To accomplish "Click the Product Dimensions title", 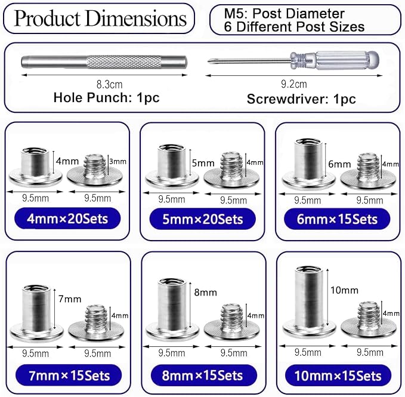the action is pos(100,18).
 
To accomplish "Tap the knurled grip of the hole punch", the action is pos(123,62).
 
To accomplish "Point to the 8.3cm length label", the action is pos(109,85).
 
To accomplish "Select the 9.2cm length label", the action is pos(294,84).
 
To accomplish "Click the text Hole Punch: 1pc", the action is pos(106,98).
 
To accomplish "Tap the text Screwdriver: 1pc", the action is pos(301,99).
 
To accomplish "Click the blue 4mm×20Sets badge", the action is pos(67,218).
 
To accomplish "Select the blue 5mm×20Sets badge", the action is pos(203,219).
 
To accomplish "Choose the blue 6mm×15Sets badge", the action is pos(337,219).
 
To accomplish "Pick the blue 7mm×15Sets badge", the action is pos(69,376).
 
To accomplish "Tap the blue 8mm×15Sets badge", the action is pos(204,376).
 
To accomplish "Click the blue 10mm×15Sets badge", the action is pos(338,376).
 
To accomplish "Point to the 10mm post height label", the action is pos(344,290).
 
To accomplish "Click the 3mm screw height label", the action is pos(118,162).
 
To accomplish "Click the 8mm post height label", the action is pos(205,293).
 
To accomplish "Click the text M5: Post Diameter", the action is pos(284,14).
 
